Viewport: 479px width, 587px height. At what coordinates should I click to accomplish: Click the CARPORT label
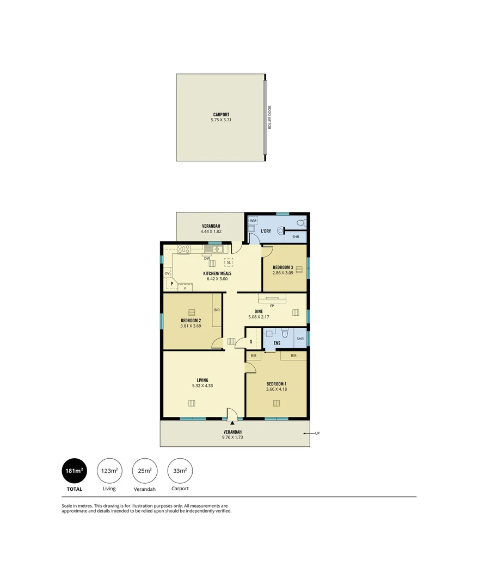(x=221, y=115)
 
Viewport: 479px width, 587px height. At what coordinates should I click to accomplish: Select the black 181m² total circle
(x=73, y=471)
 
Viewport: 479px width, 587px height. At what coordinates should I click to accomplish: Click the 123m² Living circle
(x=109, y=471)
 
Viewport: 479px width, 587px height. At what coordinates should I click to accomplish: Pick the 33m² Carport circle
(x=180, y=471)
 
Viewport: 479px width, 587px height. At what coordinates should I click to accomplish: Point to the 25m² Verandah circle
(x=145, y=471)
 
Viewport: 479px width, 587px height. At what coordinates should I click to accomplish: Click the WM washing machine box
(x=253, y=221)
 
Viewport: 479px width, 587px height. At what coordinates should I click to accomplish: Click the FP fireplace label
(x=272, y=305)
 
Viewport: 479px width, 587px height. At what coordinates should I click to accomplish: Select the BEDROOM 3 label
(x=284, y=267)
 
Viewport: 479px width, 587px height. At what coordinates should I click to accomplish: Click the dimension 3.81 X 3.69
(x=191, y=326)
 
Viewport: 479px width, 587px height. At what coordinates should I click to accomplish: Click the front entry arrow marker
(x=232, y=421)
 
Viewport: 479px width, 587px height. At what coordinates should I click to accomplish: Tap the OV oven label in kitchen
(x=167, y=273)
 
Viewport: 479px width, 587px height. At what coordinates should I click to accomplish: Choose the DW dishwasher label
(x=207, y=258)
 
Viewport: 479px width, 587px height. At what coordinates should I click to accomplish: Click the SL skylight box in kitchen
(x=229, y=262)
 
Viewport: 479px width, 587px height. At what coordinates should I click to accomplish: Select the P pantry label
(x=171, y=284)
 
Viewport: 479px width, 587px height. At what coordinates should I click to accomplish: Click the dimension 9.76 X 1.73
(x=232, y=436)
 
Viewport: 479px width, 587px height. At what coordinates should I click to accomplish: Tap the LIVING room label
(x=202, y=380)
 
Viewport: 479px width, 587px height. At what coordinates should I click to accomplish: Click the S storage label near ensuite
(x=251, y=342)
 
